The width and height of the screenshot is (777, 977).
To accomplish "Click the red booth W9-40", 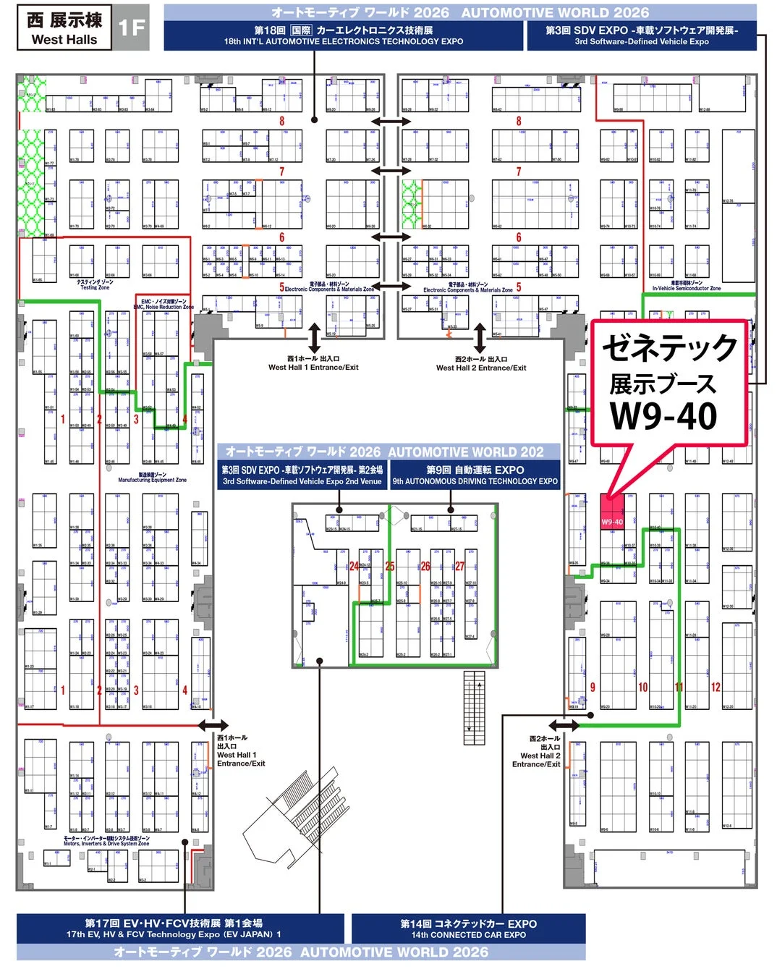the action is tap(612, 512).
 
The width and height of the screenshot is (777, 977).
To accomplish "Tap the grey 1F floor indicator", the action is tap(132, 28).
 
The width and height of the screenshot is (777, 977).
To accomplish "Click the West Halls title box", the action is tap(64, 29).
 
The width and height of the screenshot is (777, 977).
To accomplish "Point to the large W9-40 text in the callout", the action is tap(663, 416).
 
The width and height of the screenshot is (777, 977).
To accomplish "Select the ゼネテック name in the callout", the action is tap(669, 348).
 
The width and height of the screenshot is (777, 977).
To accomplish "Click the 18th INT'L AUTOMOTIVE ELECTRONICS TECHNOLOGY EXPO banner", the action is tap(343, 35).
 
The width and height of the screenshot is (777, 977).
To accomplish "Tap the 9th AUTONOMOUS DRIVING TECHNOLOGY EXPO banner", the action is tap(475, 475).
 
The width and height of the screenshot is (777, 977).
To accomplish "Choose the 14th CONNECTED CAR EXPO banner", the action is tap(468, 929).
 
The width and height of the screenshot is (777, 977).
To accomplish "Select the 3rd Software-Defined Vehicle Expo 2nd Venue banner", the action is tap(302, 475).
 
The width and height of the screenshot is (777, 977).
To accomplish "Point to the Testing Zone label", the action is tap(95, 285).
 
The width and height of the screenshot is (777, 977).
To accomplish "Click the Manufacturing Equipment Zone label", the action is tap(152, 478).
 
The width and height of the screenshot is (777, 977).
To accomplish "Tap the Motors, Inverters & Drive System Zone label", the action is tap(106, 841).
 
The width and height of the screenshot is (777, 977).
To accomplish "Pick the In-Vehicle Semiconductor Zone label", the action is tap(686, 286).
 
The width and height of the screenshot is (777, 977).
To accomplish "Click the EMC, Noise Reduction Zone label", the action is tap(164, 305).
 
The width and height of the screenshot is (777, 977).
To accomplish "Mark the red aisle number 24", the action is tap(354, 567).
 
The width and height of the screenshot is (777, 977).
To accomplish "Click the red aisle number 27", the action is tap(459, 567).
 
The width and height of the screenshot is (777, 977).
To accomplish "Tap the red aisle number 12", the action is tap(716, 688).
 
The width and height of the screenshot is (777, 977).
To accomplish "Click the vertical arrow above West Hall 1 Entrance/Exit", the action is tap(314, 338).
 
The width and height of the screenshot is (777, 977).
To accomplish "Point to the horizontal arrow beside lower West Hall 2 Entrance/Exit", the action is tap(564, 725).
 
